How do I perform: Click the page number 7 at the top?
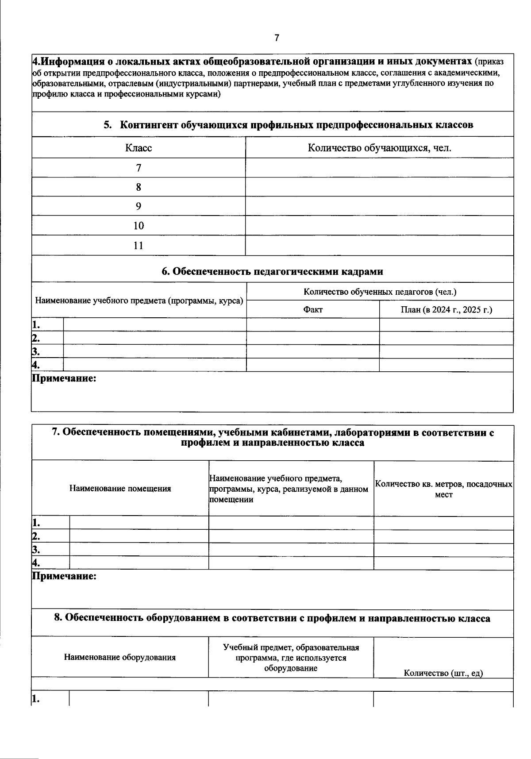[277, 38]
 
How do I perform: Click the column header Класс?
[139, 148]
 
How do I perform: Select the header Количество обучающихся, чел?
[379, 148]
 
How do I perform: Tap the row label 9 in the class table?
[139, 206]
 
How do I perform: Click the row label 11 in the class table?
[139, 246]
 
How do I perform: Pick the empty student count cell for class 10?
[379, 226]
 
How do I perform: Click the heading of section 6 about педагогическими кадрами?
[272, 271]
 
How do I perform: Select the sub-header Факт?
[312, 310]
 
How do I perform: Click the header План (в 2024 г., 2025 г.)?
[446, 310]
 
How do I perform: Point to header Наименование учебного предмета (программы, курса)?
[139, 301]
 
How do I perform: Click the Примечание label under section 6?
[64, 378]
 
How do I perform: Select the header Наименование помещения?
[120, 489]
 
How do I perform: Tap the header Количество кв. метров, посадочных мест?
[443, 489]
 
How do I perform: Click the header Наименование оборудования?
[120, 657]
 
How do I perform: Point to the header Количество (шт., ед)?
[443, 673]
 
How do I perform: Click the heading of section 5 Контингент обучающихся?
[289, 125]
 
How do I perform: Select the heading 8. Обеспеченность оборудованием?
[272, 618]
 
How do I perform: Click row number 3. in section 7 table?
[36, 550]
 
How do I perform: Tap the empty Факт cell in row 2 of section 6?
[312, 338]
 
